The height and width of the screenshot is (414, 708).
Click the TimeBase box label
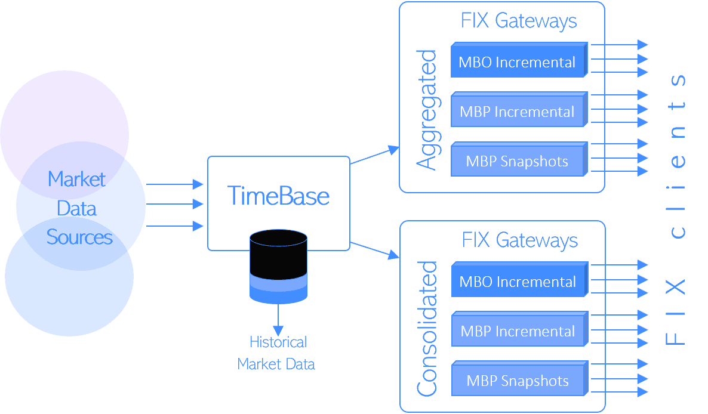tap(278, 196)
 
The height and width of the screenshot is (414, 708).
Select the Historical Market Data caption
tap(276, 353)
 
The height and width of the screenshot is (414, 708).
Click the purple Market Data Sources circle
tap(64, 113)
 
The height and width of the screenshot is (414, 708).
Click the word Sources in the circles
tap(79, 237)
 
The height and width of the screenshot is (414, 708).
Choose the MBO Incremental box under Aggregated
tap(517, 62)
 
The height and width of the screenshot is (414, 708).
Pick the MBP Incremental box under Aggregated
tap(517, 112)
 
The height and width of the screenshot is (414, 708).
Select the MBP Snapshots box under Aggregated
tap(517, 161)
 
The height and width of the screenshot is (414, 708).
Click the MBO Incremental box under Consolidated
tap(518, 282)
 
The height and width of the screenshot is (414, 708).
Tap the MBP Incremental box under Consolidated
tap(518, 331)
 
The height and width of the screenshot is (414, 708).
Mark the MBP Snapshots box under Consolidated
tap(518, 381)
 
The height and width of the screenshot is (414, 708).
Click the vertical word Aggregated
tap(426, 110)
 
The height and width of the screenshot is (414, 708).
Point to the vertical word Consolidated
tap(427, 329)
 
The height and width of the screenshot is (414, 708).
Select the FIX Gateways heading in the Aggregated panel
tap(519, 21)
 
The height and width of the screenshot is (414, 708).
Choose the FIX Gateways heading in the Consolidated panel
tap(520, 240)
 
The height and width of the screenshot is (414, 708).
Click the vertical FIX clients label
tap(676, 209)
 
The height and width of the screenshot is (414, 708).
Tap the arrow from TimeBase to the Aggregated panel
tap(374, 155)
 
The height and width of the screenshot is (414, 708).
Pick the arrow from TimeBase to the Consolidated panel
tap(374, 250)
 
